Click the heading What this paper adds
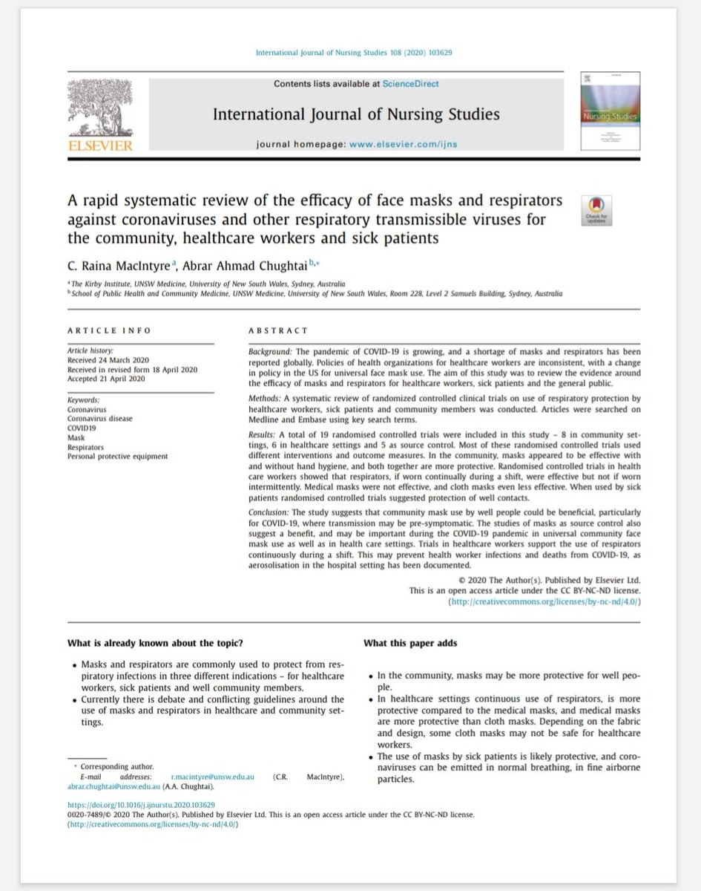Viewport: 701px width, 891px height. click(410, 643)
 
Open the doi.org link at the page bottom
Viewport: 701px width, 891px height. click(141, 804)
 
